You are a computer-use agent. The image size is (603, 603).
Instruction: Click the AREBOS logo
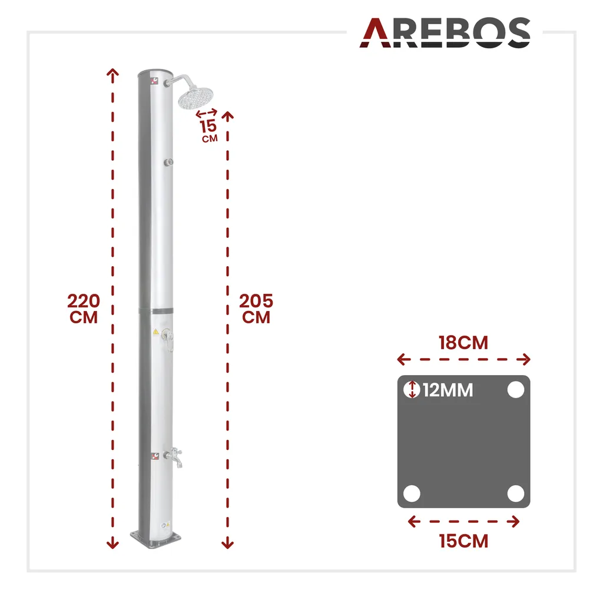tap(445, 33)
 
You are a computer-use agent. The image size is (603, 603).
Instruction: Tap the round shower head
tap(196, 98)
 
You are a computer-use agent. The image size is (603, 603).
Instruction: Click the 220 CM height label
tap(84, 309)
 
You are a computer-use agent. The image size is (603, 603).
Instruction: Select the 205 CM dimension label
tap(256, 309)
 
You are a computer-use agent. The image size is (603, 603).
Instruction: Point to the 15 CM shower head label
tap(209, 131)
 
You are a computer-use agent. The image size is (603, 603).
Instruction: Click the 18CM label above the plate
tap(463, 343)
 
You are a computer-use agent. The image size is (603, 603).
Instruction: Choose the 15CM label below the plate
tap(464, 541)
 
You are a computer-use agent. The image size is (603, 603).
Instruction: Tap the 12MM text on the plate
tap(448, 390)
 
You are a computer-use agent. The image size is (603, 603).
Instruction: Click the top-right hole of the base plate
tap(516, 390)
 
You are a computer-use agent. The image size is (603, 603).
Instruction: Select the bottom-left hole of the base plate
tap(412, 493)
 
